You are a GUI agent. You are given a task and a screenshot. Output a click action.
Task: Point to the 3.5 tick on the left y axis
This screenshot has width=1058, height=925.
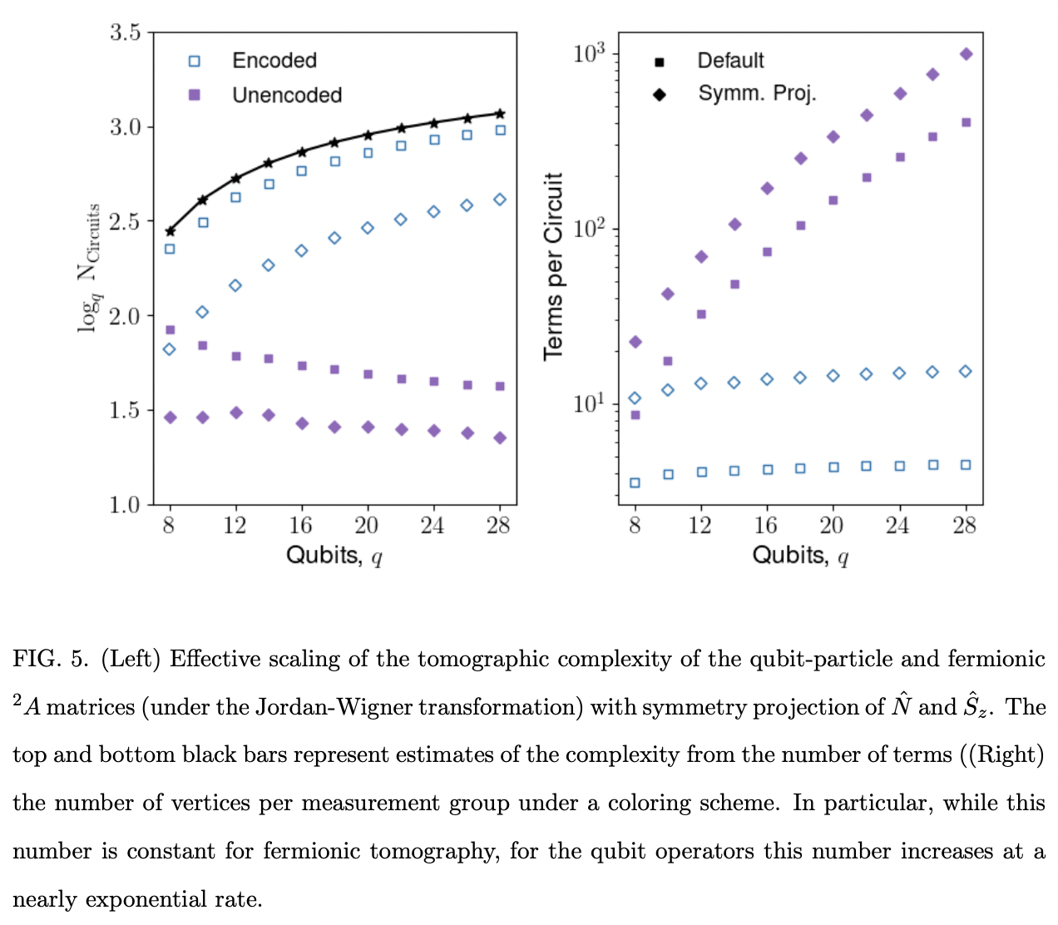(x=126, y=33)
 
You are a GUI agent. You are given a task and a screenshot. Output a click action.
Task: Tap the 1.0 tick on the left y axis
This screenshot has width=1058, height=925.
(x=126, y=505)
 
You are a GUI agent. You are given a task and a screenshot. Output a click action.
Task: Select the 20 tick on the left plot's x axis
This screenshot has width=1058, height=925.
(x=367, y=526)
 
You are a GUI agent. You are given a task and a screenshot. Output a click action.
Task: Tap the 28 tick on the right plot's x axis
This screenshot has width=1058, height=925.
(x=965, y=526)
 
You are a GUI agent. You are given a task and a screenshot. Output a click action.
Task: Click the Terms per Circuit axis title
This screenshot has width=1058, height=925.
(x=554, y=266)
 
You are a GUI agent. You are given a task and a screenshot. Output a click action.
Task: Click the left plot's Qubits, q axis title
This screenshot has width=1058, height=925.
(x=334, y=555)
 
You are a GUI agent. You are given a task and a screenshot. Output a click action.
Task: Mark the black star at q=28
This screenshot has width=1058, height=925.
(x=500, y=113)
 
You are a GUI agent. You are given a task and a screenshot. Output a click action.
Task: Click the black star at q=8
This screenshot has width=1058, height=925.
(x=171, y=231)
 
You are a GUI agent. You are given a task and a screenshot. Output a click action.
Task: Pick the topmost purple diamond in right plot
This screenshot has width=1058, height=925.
(x=966, y=54)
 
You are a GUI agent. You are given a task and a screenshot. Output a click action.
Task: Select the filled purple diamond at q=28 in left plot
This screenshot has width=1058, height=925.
(x=500, y=438)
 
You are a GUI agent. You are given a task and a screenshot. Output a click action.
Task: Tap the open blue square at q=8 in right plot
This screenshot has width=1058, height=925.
(x=635, y=482)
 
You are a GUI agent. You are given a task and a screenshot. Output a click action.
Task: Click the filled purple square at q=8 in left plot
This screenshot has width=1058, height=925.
(x=171, y=330)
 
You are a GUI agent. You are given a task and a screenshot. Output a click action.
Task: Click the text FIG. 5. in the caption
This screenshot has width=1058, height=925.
(x=50, y=660)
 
